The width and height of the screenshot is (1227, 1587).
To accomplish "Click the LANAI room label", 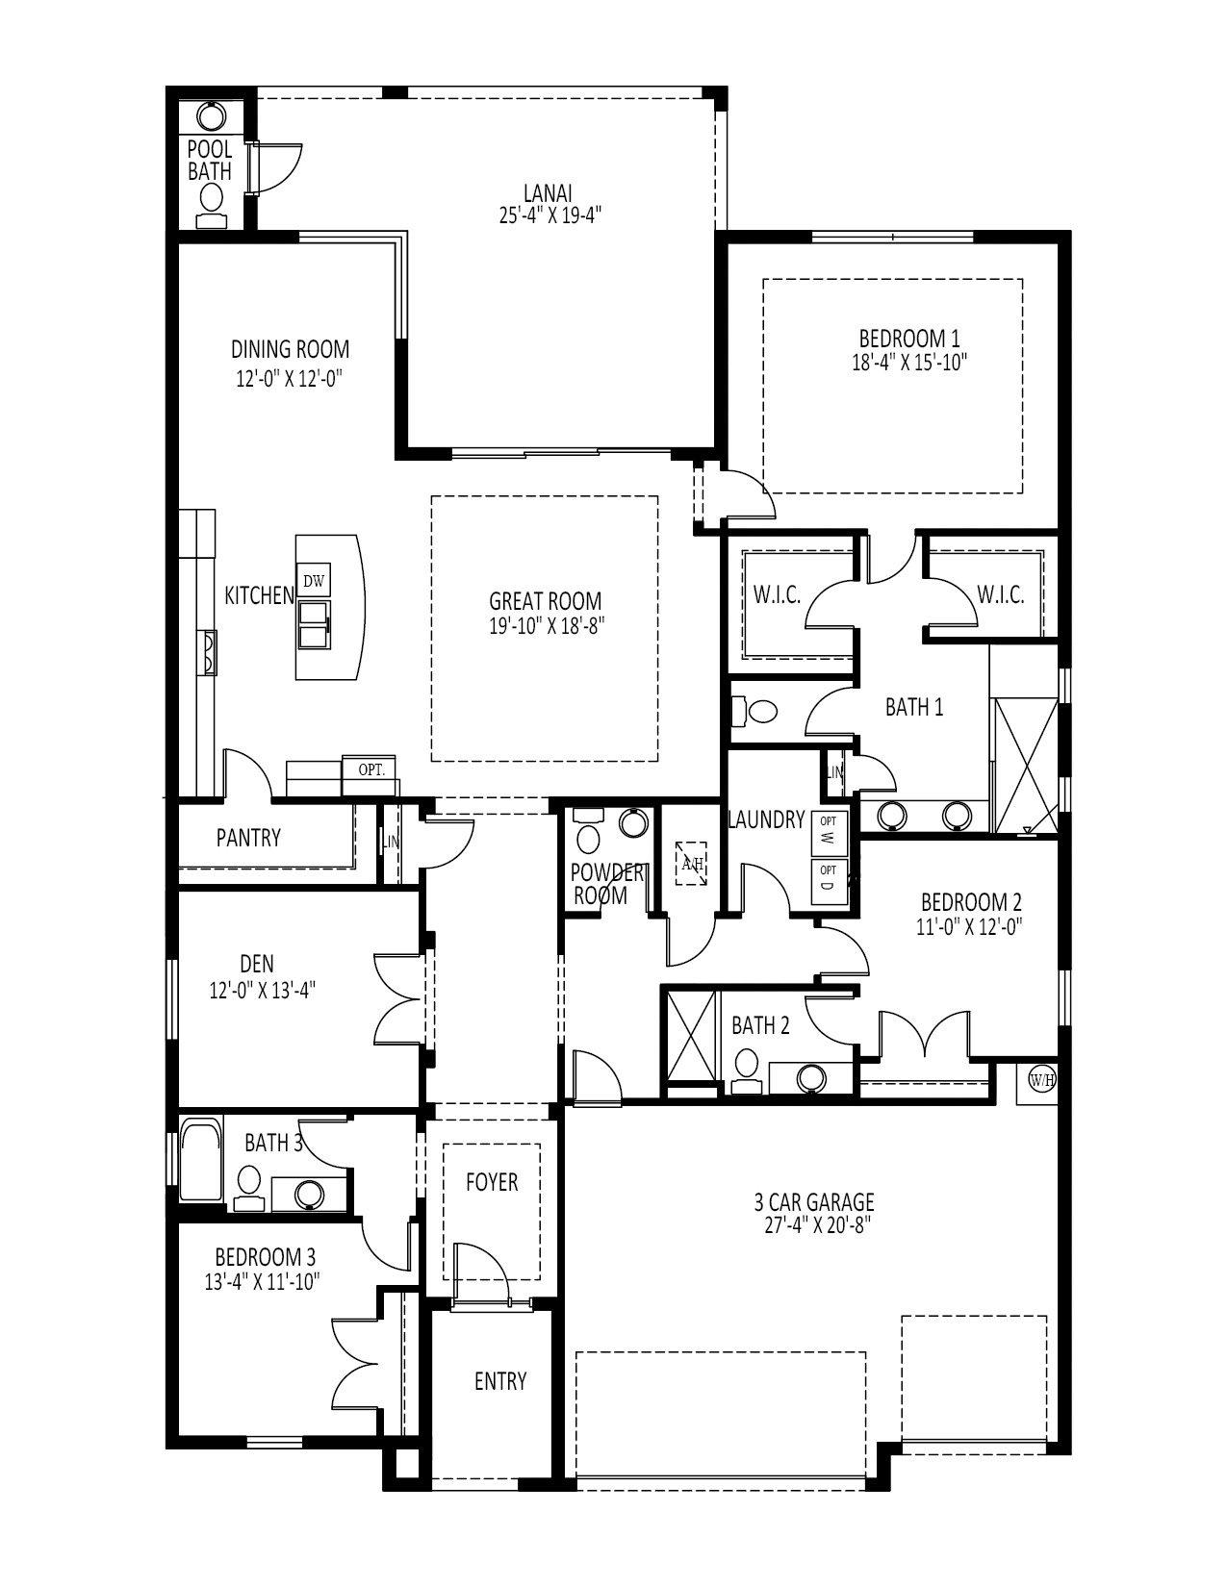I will coord(550,193).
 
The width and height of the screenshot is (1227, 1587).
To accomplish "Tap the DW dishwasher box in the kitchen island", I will coord(314,580).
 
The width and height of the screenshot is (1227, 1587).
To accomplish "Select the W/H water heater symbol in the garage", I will coord(1042,1080).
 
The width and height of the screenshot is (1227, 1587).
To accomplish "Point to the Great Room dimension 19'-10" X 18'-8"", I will coord(546,625).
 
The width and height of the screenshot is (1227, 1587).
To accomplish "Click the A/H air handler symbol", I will coord(692,862).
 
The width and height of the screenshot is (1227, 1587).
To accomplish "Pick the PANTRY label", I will coord(248,838).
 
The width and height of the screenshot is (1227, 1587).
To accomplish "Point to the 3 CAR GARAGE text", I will coord(813,1201).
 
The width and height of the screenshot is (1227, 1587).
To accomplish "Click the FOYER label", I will coord(492,1182).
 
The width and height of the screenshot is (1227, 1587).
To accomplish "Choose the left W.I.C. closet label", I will coord(777,595).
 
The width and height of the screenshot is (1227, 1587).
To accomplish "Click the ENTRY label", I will coord(500,1381).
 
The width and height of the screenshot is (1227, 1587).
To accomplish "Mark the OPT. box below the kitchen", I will coord(371,769).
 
